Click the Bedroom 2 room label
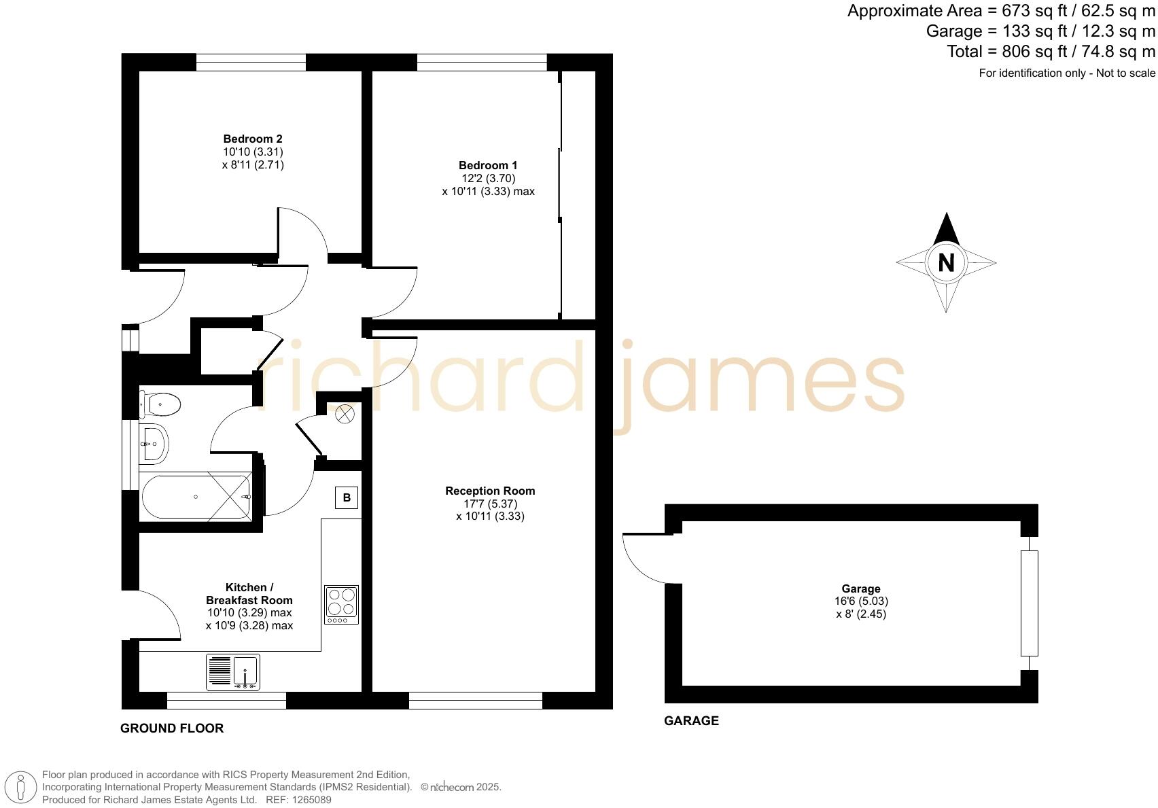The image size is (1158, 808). pyautogui.click(x=253, y=139)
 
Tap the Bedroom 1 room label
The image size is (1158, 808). pyautogui.click(x=488, y=165)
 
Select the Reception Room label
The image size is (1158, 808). pyautogui.click(x=490, y=491)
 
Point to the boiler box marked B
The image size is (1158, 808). pyautogui.click(x=347, y=497)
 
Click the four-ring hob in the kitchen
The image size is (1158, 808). pyautogui.click(x=341, y=604)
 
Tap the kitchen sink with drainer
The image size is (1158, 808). pyautogui.click(x=233, y=671)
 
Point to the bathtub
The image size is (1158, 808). pyautogui.click(x=196, y=497)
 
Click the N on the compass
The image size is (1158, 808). pyautogui.click(x=946, y=262)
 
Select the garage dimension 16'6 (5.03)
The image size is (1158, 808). pyautogui.click(x=861, y=601)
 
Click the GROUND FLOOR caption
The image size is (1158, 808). pyautogui.click(x=172, y=728)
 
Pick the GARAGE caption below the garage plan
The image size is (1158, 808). pyautogui.click(x=691, y=721)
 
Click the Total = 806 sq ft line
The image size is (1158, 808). pyautogui.click(x=1051, y=52)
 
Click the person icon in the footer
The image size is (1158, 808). pyautogui.click(x=22, y=788)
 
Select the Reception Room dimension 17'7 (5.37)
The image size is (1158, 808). pyautogui.click(x=490, y=504)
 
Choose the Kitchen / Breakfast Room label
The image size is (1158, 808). pyautogui.click(x=249, y=594)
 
